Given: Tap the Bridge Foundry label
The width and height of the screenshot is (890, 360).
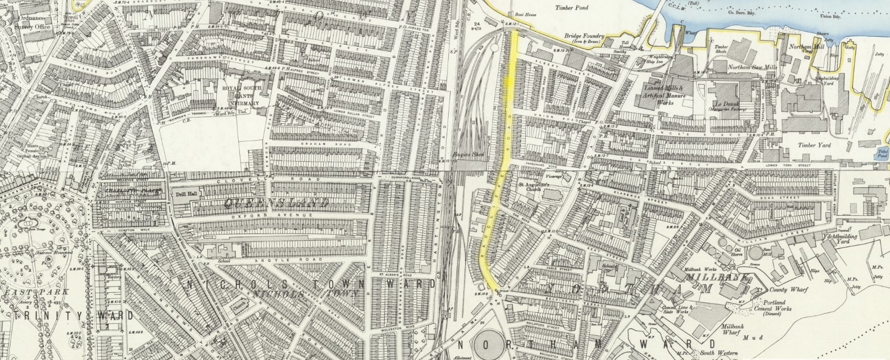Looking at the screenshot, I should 585,36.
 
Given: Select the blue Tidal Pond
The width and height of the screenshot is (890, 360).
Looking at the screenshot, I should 883,154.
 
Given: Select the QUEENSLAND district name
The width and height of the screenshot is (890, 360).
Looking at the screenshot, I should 277,203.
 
